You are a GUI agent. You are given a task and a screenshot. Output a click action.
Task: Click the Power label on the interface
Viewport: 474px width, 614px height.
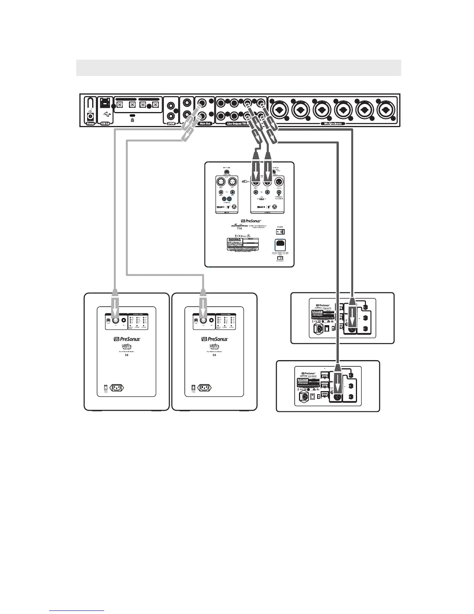91,124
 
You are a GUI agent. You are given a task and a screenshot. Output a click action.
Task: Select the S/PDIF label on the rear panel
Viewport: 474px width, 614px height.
170,124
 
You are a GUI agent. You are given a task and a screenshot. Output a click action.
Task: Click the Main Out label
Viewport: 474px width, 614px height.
205,124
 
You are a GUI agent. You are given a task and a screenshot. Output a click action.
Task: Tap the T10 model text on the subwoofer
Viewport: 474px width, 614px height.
239,229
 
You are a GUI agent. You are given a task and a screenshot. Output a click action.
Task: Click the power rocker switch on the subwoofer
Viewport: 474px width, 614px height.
280,232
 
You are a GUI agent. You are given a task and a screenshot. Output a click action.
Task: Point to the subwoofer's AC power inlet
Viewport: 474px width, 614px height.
280,245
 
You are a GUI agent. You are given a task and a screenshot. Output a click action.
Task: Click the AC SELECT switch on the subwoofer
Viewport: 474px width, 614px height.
280,258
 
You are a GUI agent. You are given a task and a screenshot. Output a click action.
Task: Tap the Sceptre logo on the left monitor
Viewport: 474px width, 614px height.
126,347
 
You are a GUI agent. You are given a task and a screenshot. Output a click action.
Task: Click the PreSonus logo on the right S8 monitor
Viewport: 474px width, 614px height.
214,339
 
